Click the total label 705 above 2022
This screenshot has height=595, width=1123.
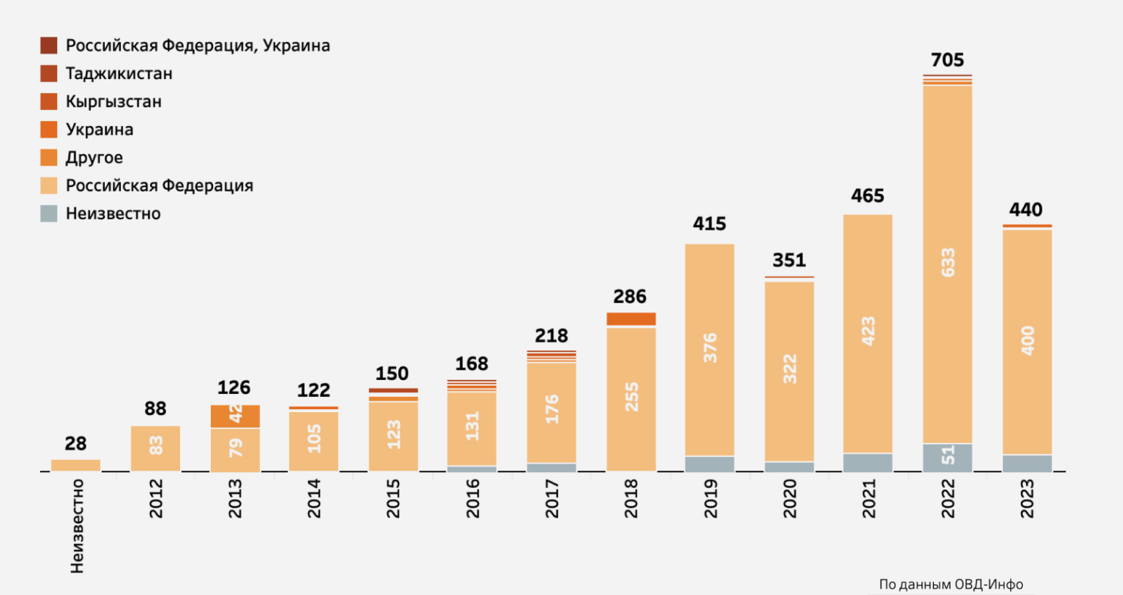click(x=947, y=60)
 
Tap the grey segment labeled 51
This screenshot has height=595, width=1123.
click(x=947, y=457)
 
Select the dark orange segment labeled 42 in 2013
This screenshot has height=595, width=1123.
click(x=235, y=416)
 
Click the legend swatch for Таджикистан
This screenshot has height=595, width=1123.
click(x=49, y=73)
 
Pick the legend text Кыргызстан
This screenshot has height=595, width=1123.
click(x=113, y=101)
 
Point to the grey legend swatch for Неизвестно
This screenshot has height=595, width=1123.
click(x=49, y=213)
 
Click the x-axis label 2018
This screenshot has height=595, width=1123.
click(x=631, y=499)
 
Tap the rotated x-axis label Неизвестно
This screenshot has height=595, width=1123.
click(x=77, y=526)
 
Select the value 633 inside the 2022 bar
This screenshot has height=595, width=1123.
click(x=948, y=263)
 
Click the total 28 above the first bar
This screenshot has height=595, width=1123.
click(x=75, y=443)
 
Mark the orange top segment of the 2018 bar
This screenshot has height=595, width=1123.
click(x=631, y=319)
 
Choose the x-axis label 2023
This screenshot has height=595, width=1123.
click(x=1027, y=499)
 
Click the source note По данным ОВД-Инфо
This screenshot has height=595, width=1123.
click(x=951, y=584)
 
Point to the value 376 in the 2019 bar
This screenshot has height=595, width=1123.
click(x=710, y=347)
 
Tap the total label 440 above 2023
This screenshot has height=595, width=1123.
click(x=1026, y=209)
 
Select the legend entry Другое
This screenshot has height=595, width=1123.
click(x=94, y=158)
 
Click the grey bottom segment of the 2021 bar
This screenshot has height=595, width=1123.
click(x=867, y=462)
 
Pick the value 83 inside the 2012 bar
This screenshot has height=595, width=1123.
click(x=156, y=445)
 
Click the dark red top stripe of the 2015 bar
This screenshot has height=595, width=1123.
click(x=393, y=390)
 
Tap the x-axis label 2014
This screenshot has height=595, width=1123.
click(x=314, y=499)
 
